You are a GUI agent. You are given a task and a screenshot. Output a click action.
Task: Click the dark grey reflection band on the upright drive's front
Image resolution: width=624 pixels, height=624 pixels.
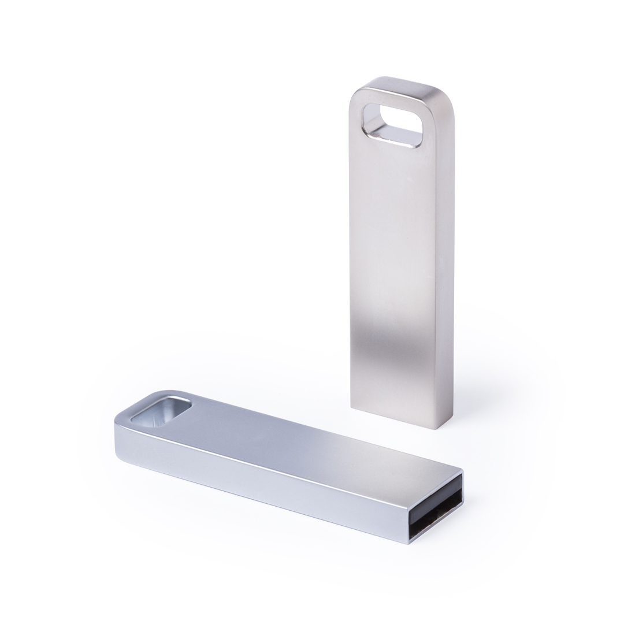point(393,347)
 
